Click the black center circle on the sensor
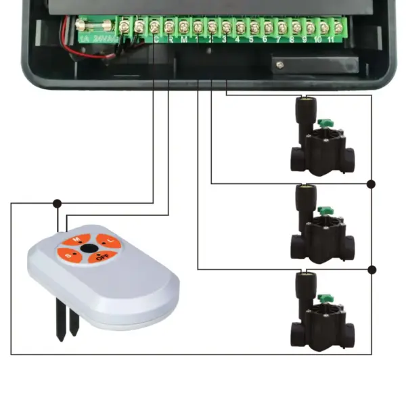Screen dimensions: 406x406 88,249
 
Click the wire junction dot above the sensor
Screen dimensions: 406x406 57,202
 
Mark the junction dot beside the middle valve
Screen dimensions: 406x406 371,184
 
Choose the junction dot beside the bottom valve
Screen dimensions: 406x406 371,269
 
